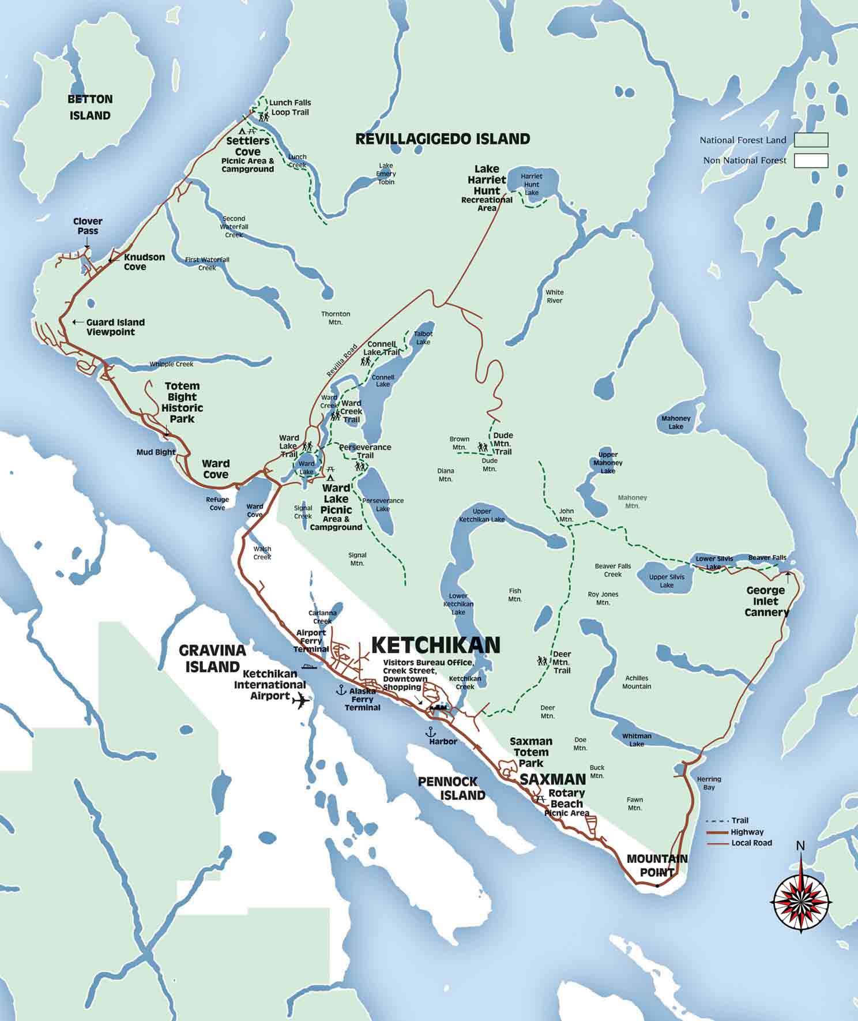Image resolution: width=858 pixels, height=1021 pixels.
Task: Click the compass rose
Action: tap(801, 900)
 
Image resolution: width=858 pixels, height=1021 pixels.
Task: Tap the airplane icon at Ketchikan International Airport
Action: tap(300, 701)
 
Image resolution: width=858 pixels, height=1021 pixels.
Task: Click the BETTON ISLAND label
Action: tap(90, 107)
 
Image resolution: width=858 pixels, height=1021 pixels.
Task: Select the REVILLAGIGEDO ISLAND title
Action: tap(442, 139)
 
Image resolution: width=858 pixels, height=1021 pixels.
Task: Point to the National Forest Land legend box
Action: tap(811, 140)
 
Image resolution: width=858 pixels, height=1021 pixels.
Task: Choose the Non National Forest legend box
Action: tap(811, 160)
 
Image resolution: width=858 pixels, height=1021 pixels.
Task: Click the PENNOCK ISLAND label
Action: tap(451, 788)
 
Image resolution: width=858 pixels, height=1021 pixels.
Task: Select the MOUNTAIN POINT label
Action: tap(657, 865)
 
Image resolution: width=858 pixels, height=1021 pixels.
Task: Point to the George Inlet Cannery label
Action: tap(766, 601)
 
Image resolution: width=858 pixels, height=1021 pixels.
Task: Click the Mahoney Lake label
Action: tap(676, 422)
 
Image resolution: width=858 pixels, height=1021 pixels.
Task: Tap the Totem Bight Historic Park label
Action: tap(182, 402)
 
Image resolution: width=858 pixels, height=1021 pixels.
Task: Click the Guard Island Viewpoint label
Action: tap(115, 327)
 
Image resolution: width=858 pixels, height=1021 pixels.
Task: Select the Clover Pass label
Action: tap(88, 226)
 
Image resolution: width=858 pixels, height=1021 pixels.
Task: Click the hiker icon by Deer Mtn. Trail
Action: tap(542, 660)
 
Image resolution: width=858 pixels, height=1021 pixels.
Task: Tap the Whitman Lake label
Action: tap(637, 740)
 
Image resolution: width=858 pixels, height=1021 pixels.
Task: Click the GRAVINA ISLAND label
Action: tap(212, 658)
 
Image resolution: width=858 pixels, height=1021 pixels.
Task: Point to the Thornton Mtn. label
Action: tap(336, 318)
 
